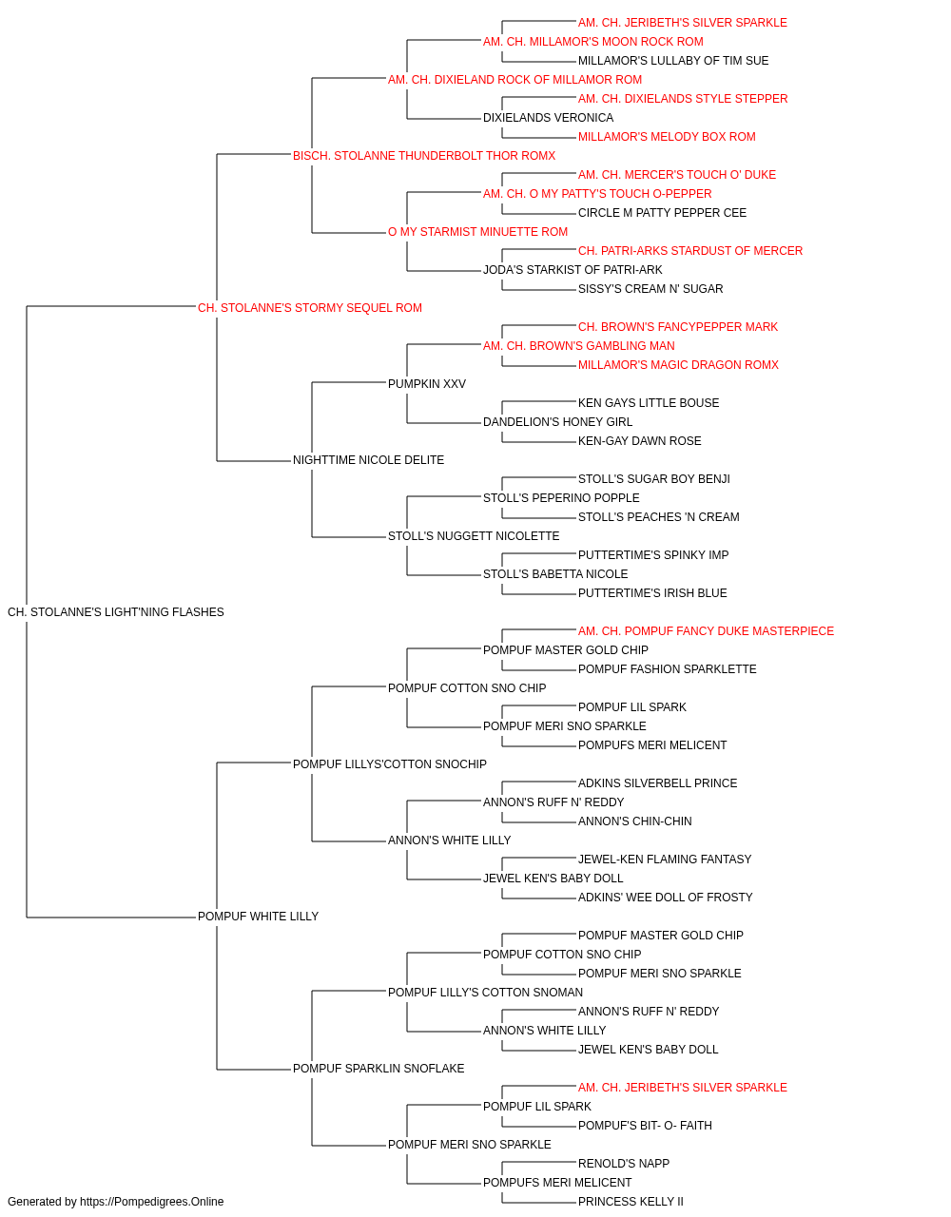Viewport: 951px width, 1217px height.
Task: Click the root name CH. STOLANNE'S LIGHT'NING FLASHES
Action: [x=115, y=612]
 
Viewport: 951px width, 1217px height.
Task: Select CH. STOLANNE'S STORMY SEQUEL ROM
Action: [x=310, y=308]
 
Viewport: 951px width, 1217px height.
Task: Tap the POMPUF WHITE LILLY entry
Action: [x=258, y=917]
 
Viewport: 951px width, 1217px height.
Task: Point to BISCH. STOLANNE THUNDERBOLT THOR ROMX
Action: [x=424, y=156]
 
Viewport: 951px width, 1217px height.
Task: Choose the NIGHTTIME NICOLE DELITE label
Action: [x=369, y=460]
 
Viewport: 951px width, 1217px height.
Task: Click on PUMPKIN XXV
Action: [x=427, y=383]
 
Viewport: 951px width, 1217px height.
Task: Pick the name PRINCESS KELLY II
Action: [x=631, y=1202]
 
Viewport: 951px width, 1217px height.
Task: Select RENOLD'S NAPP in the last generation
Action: [x=624, y=1163]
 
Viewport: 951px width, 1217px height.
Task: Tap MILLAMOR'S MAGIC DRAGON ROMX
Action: [x=678, y=364]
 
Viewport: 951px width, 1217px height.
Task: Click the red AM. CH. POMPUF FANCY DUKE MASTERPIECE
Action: [x=706, y=631]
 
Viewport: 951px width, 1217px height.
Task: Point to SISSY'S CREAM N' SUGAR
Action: [x=650, y=288]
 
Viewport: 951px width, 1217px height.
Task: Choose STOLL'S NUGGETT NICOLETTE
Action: [x=474, y=536]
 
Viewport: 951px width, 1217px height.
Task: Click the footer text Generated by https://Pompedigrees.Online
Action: [x=115, y=1202]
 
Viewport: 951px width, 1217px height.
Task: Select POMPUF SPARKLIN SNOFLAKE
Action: [x=378, y=1069]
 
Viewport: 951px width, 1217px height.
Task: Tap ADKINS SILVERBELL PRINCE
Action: [x=657, y=782]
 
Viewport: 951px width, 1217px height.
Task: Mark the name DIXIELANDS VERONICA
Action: [x=549, y=118]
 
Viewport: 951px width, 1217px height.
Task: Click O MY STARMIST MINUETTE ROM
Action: [x=477, y=232]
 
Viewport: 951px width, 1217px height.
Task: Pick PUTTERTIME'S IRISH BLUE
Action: [x=652, y=593]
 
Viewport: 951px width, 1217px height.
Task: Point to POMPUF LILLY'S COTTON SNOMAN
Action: [x=486, y=993]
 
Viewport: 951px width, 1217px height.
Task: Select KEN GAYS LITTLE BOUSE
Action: [x=649, y=403]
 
